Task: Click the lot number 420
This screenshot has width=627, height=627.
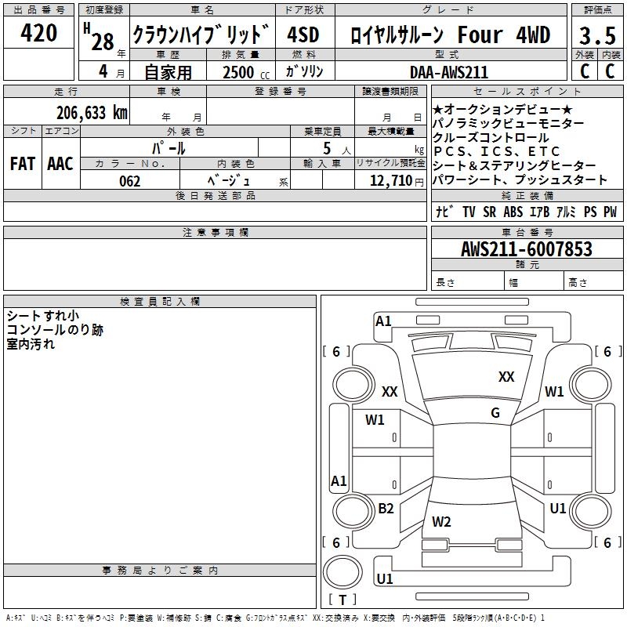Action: coord(38,34)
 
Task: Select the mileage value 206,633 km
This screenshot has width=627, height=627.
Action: coord(92,113)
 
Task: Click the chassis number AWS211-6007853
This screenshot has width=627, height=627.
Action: coord(527,250)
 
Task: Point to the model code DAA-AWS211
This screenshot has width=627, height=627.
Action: coord(449,72)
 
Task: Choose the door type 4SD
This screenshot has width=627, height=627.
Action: coord(303,35)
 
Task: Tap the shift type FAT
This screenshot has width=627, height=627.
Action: coord(22,163)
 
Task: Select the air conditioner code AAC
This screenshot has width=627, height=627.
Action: coord(60,163)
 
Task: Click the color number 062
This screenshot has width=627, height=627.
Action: coord(129,181)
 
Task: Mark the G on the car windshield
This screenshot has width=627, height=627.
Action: coord(495,413)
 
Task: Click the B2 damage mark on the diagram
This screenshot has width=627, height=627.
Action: coord(386,509)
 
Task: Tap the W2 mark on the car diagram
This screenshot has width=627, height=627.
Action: coord(441,521)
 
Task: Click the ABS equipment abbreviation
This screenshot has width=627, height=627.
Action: coord(513,212)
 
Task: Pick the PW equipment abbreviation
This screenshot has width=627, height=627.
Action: coord(610,212)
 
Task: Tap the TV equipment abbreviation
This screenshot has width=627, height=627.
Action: coord(469,212)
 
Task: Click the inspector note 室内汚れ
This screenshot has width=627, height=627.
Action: coord(31,343)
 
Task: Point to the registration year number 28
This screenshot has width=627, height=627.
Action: coord(103,42)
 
